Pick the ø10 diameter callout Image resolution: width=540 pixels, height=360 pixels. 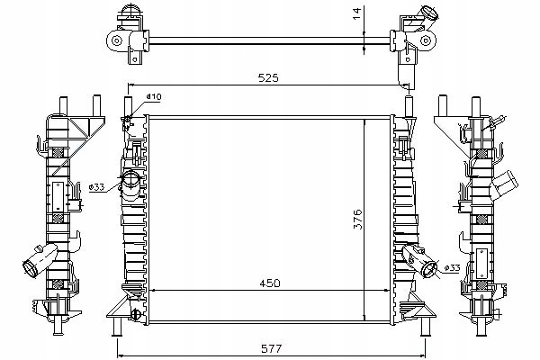(x=154, y=97)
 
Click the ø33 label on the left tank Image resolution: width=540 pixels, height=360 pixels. (x=98, y=187)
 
